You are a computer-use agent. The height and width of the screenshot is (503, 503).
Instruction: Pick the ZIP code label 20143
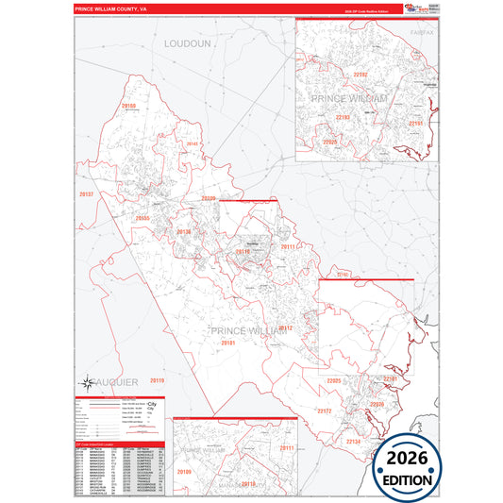coord(193,143)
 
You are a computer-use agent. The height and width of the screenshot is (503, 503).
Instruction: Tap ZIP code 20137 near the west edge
coord(87,193)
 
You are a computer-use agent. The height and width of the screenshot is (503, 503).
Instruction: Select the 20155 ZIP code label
coord(143,218)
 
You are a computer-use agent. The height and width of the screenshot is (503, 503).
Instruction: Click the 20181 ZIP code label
coord(228,344)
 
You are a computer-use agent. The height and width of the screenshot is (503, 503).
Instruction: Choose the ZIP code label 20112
coord(285,327)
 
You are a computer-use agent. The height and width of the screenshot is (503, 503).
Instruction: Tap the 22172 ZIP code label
coord(325,411)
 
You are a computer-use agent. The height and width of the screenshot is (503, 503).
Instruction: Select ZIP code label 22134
coord(353,441)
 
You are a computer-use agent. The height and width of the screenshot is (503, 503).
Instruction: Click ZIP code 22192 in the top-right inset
coord(334,74)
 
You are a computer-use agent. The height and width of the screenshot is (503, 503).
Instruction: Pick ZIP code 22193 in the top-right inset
coord(344,117)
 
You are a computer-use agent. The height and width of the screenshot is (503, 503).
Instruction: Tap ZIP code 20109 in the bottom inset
coord(184,470)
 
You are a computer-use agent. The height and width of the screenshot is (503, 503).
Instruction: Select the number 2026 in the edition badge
coord(403,461)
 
